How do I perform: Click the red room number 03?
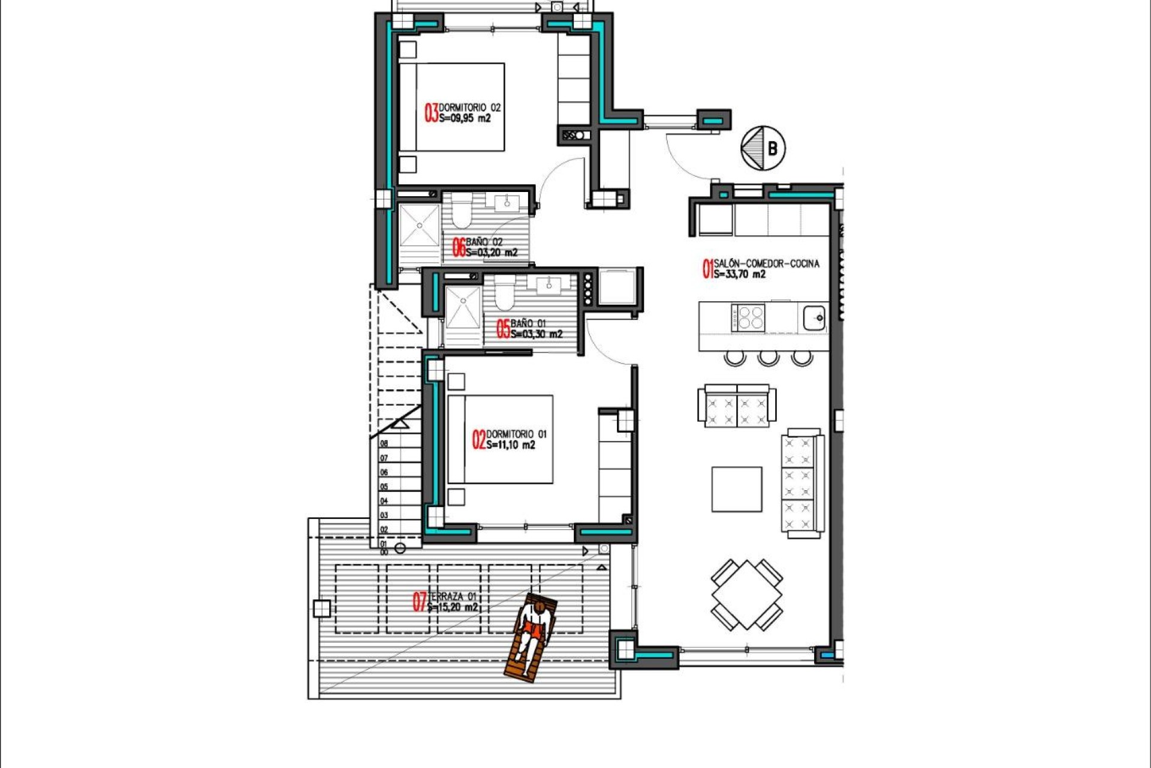coord(431,113)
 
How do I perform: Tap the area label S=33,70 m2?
coord(740,275)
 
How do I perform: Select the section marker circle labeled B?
coord(763,148)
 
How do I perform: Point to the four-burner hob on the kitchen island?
coord(748,317)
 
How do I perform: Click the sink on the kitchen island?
coord(814,317)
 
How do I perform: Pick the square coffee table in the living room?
coord(737,490)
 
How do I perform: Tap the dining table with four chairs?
coord(747,594)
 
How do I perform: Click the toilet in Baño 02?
coord(462,213)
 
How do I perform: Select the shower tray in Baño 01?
coord(463,308)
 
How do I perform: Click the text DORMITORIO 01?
coord(516,434)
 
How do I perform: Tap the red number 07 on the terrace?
coord(420,602)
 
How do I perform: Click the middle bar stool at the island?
coord(768,358)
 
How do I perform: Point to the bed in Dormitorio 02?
coord(453,107)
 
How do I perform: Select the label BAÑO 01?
coord(528,323)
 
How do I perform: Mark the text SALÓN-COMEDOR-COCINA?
coord(766,263)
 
